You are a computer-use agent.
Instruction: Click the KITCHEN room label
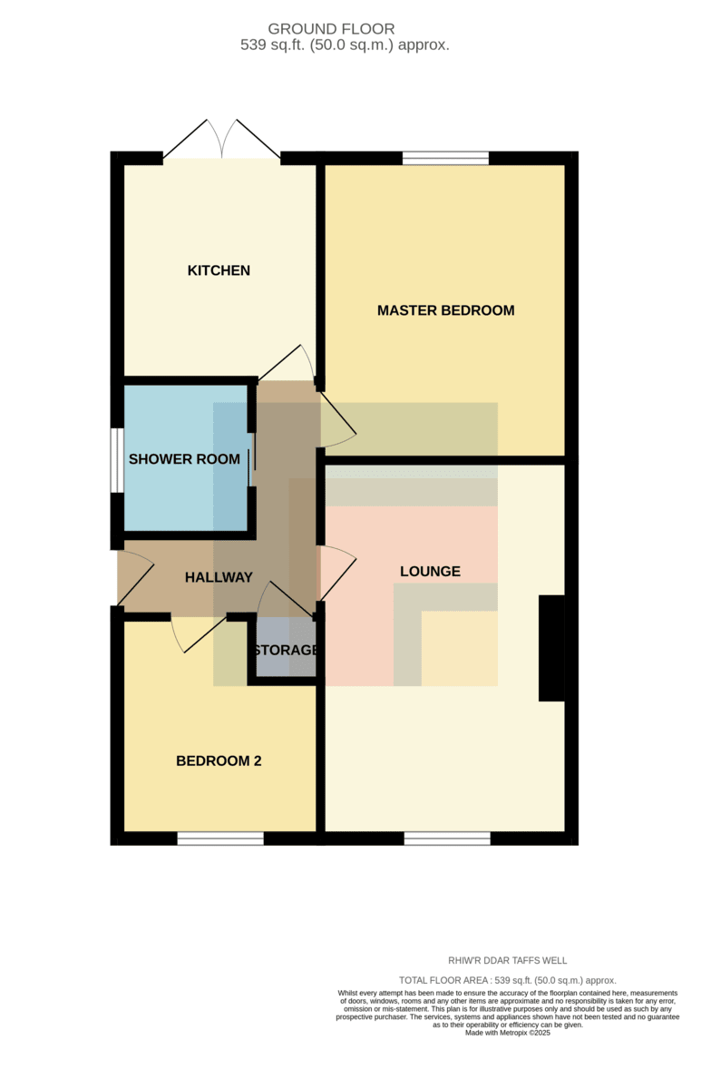pyautogui.click(x=219, y=270)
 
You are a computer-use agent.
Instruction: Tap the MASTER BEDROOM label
pyautogui.click(x=445, y=310)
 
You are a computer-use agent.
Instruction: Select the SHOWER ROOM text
pyautogui.click(x=184, y=459)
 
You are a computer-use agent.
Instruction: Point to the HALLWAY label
pyautogui.click(x=219, y=577)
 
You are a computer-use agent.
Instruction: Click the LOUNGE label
pyautogui.click(x=430, y=571)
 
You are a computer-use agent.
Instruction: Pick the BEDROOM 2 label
pyautogui.click(x=219, y=760)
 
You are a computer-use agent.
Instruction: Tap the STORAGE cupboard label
pyautogui.click(x=286, y=650)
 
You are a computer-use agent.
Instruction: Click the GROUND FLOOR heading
pyautogui.click(x=331, y=29)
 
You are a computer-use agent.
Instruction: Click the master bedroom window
pyautogui.click(x=445, y=158)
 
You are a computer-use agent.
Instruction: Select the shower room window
pyautogui.click(x=117, y=460)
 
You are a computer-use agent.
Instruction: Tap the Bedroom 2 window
pyautogui.click(x=220, y=839)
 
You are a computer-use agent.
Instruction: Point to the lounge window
pyautogui.click(x=447, y=839)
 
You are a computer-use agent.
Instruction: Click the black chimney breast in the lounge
pyautogui.click(x=551, y=648)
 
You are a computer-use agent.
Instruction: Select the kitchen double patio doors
pyautogui.click(x=221, y=139)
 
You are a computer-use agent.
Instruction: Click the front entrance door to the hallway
pyautogui.click(x=136, y=578)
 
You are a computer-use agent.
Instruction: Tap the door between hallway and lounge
pyautogui.click(x=337, y=573)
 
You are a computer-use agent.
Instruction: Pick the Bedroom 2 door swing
pyautogui.click(x=199, y=634)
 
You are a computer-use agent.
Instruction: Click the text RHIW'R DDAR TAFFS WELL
pyautogui.click(x=507, y=961)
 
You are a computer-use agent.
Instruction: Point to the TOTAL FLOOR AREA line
pyautogui.click(x=507, y=980)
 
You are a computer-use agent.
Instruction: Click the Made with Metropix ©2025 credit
pyautogui.click(x=507, y=1033)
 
